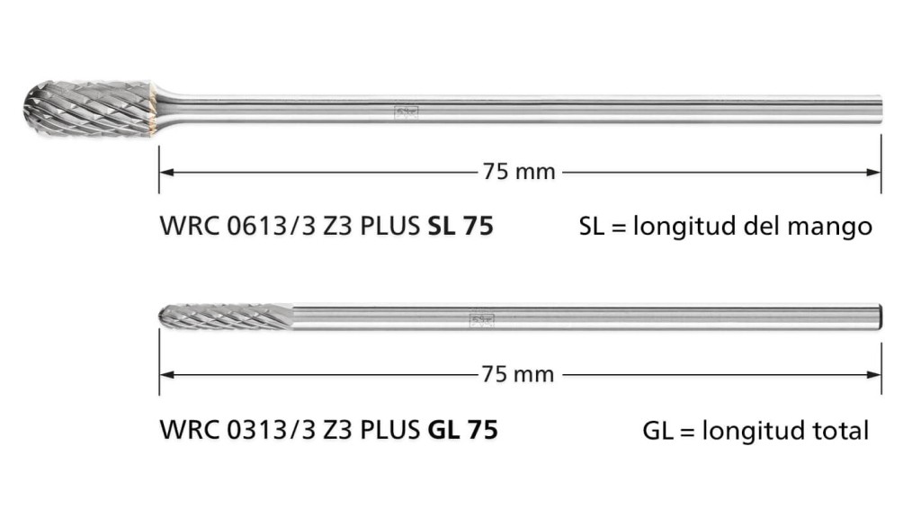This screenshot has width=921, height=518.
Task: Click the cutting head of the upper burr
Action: click(88, 109)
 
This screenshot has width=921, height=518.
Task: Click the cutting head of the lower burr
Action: click(226, 317)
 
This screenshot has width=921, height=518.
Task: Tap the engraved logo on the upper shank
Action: click(406, 112)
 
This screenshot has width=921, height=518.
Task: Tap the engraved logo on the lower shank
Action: click(482, 320)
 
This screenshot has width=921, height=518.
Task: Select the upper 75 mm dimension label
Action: click(519, 172)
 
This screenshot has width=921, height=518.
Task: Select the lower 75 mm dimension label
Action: click(518, 374)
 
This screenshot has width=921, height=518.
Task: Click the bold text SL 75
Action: click(460, 226)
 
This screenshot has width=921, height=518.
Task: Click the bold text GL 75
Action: click(463, 430)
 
